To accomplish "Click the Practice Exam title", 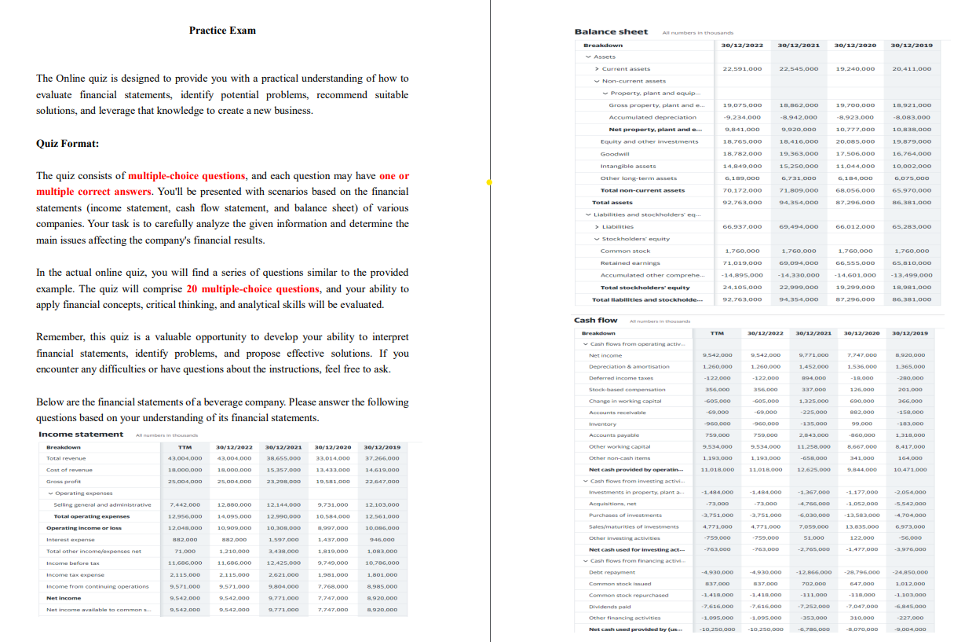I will click(222, 31).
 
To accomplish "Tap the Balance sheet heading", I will click(611, 31).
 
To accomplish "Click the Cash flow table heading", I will click(596, 320).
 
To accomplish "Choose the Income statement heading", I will click(81, 435).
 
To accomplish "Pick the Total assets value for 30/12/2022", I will click(741, 203).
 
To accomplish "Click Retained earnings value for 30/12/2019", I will click(912, 263).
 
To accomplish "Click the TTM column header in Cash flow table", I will click(715, 333).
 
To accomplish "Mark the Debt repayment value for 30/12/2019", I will click(909, 572).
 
